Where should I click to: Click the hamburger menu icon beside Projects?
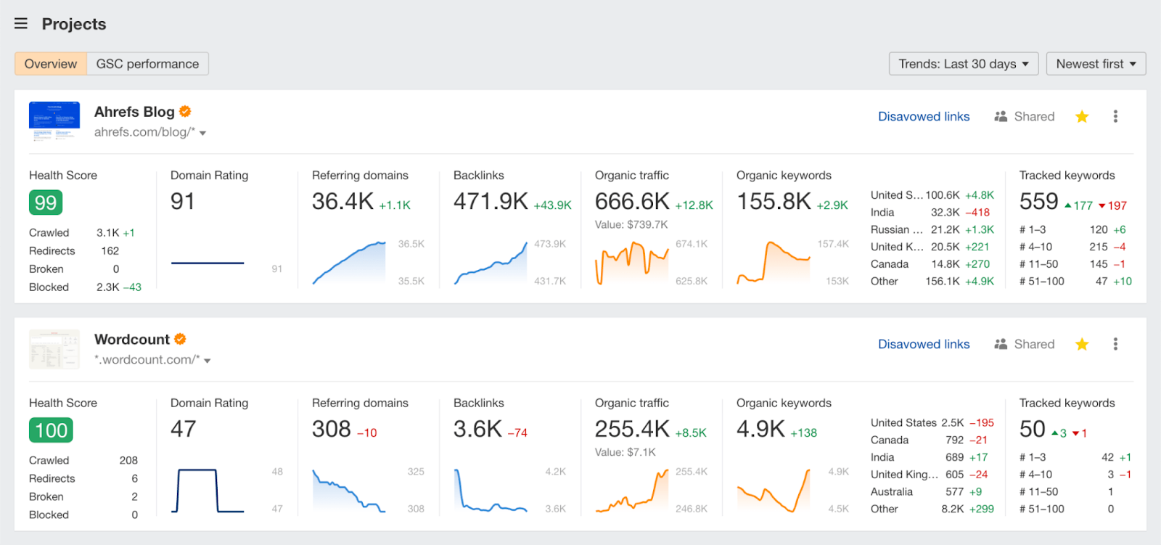pyautogui.click(x=21, y=24)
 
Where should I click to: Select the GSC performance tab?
pyautogui.click(x=147, y=64)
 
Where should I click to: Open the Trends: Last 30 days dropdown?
pyautogui.click(x=963, y=64)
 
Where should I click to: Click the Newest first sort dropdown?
pyautogui.click(x=1096, y=64)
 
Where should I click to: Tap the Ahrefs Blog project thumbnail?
pyautogui.click(x=54, y=121)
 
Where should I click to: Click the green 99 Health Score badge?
pyautogui.click(x=46, y=202)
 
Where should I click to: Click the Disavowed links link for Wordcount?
pyautogui.click(x=924, y=344)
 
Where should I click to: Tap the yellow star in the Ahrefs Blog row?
pyautogui.click(x=1082, y=117)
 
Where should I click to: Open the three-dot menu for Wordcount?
pyautogui.click(x=1115, y=344)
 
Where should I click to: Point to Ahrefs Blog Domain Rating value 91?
pyautogui.click(x=183, y=201)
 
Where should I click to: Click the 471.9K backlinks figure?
pyautogui.click(x=491, y=201)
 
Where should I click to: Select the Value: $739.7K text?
pyautogui.click(x=631, y=224)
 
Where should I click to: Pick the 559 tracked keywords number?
pyautogui.click(x=1038, y=201)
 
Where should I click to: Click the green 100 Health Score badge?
pyautogui.click(x=51, y=430)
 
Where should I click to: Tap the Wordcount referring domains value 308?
pyautogui.click(x=332, y=429)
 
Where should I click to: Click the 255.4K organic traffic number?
pyautogui.click(x=632, y=429)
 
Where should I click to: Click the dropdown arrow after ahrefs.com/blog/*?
pyautogui.click(x=203, y=134)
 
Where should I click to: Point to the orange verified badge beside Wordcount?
pyautogui.click(x=180, y=339)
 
